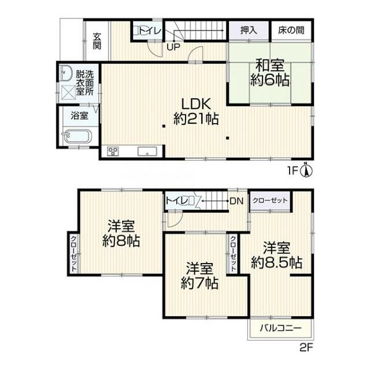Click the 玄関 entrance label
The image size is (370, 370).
[x=97, y=41]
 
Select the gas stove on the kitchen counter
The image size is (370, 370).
[x=113, y=151]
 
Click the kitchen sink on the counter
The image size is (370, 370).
[x=147, y=151]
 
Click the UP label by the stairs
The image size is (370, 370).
[x=173, y=47]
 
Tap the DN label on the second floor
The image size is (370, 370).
[x=236, y=201]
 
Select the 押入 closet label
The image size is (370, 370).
[x=249, y=30]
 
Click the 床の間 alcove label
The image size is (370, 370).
[x=291, y=30]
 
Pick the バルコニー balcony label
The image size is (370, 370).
[x=280, y=328]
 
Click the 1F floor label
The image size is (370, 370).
[x=293, y=171]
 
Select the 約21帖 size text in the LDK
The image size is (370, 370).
[x=196, y=119]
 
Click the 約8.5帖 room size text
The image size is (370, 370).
[x=276, y=262]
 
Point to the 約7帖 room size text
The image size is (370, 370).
[x=199, y=283]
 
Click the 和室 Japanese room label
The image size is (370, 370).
[x=270, y=65]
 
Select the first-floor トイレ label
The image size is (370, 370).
[x=150, y=31]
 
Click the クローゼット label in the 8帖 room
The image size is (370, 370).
[x=73, y=254]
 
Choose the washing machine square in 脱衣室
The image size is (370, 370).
[x=68, y=92]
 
